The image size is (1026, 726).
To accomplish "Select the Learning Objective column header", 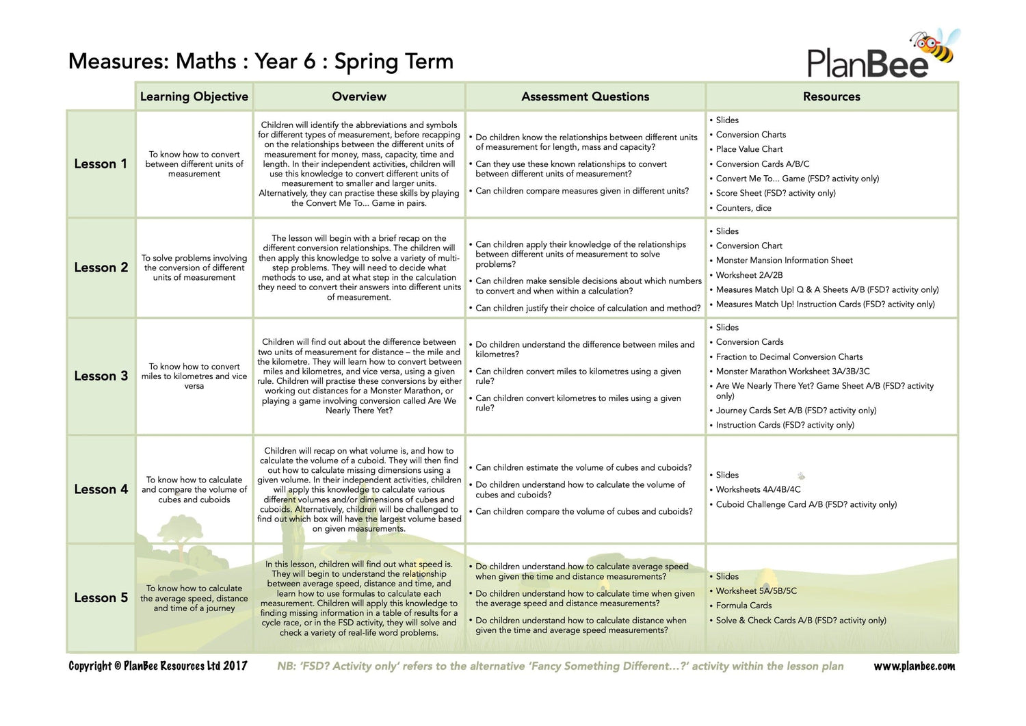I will (194, 96).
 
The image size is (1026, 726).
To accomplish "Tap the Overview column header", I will (358, 96).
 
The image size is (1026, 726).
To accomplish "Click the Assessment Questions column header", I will (585, 96).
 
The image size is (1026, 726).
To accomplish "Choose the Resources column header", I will (831, 96).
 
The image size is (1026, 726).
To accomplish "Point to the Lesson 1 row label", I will (101, 164).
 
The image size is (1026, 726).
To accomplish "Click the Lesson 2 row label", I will (101, 268).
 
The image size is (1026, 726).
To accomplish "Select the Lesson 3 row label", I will (101, 376).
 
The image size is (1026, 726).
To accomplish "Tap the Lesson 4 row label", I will (101, 489).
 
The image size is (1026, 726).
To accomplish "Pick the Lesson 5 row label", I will (101, 598).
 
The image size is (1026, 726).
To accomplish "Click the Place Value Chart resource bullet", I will (749, 149).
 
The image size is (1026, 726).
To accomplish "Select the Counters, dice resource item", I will (744, 208).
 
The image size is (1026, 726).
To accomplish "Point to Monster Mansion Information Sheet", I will (784, 260).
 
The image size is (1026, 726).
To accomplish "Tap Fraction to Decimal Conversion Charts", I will (789, 356).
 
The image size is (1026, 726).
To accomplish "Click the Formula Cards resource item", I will (744, 606).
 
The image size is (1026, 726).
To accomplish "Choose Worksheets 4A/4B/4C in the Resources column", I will (758, 490).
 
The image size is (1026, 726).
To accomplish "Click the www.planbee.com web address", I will (914, 666).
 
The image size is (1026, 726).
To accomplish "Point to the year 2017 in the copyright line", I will (235, 666).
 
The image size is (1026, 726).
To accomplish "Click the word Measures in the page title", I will (118, 62).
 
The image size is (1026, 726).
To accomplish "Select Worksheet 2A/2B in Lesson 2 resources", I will (749, 275).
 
